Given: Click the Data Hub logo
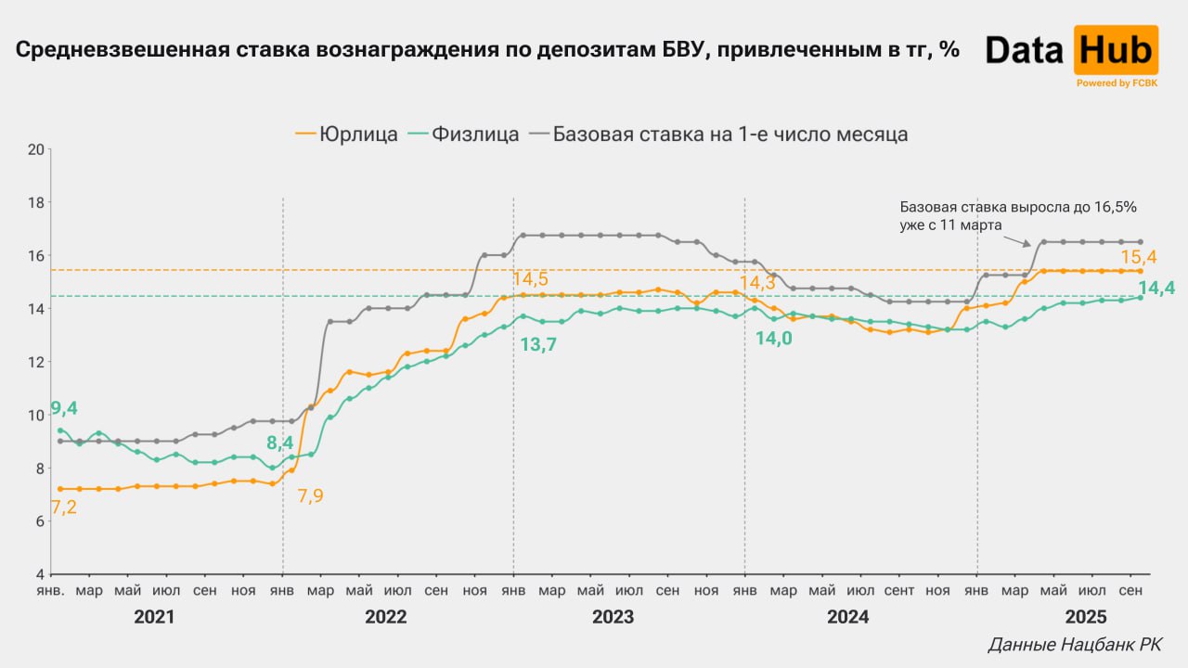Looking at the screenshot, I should tap(1071, 51).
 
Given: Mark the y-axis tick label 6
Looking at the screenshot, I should tap(39, 521).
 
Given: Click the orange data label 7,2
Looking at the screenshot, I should tap(64, 507).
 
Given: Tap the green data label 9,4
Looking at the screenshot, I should tap(64, 407).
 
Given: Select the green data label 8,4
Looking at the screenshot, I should tap(279, 443).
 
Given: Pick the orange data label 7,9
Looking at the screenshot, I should tap(310, 495).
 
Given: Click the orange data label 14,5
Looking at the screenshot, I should tap(530, 278).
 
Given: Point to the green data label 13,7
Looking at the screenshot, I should tap(537, 345).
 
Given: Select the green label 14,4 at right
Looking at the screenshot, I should tap(1156, 289).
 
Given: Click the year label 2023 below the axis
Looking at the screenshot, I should tap(613, 617).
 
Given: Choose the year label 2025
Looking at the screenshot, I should tap(1085, 617).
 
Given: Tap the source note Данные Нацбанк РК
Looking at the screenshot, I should tap(1075, 644).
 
